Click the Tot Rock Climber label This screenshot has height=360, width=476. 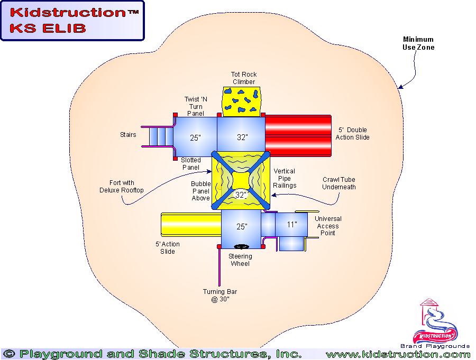243,78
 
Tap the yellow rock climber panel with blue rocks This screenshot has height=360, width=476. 242,101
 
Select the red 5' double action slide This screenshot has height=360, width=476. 298,136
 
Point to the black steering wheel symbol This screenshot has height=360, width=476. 242,246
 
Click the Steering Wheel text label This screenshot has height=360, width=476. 240,260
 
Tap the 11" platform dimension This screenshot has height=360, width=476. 291,225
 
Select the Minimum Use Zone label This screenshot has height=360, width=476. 418,43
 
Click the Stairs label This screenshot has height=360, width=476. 128,135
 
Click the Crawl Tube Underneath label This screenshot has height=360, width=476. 338,183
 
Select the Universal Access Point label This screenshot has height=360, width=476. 328,226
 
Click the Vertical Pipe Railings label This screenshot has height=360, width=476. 284,178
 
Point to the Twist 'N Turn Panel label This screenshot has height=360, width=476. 193,106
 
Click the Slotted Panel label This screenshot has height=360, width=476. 190,164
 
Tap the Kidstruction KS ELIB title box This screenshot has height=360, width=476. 72,21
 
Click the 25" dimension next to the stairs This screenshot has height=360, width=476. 195,138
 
